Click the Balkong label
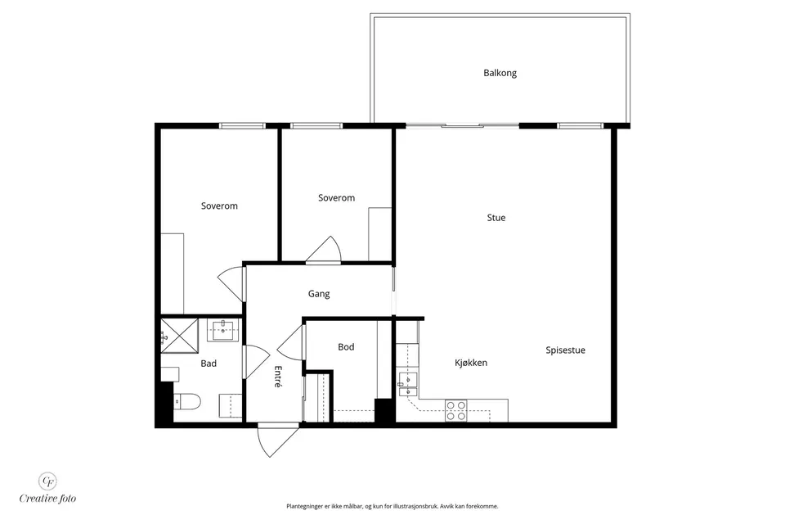500,73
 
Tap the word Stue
496,218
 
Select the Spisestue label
565,350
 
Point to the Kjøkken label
471,363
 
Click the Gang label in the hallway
318,294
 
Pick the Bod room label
346,347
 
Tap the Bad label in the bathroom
209,364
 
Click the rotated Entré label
278,376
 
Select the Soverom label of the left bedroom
219,206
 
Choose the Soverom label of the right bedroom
336,198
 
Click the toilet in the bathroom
187,401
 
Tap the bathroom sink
222,331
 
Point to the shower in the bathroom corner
179,335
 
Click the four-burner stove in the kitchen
456,411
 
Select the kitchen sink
407,385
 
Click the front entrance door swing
277,440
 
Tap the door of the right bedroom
325,249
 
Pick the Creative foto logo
47,489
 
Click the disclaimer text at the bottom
392,507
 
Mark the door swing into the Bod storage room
290,342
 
